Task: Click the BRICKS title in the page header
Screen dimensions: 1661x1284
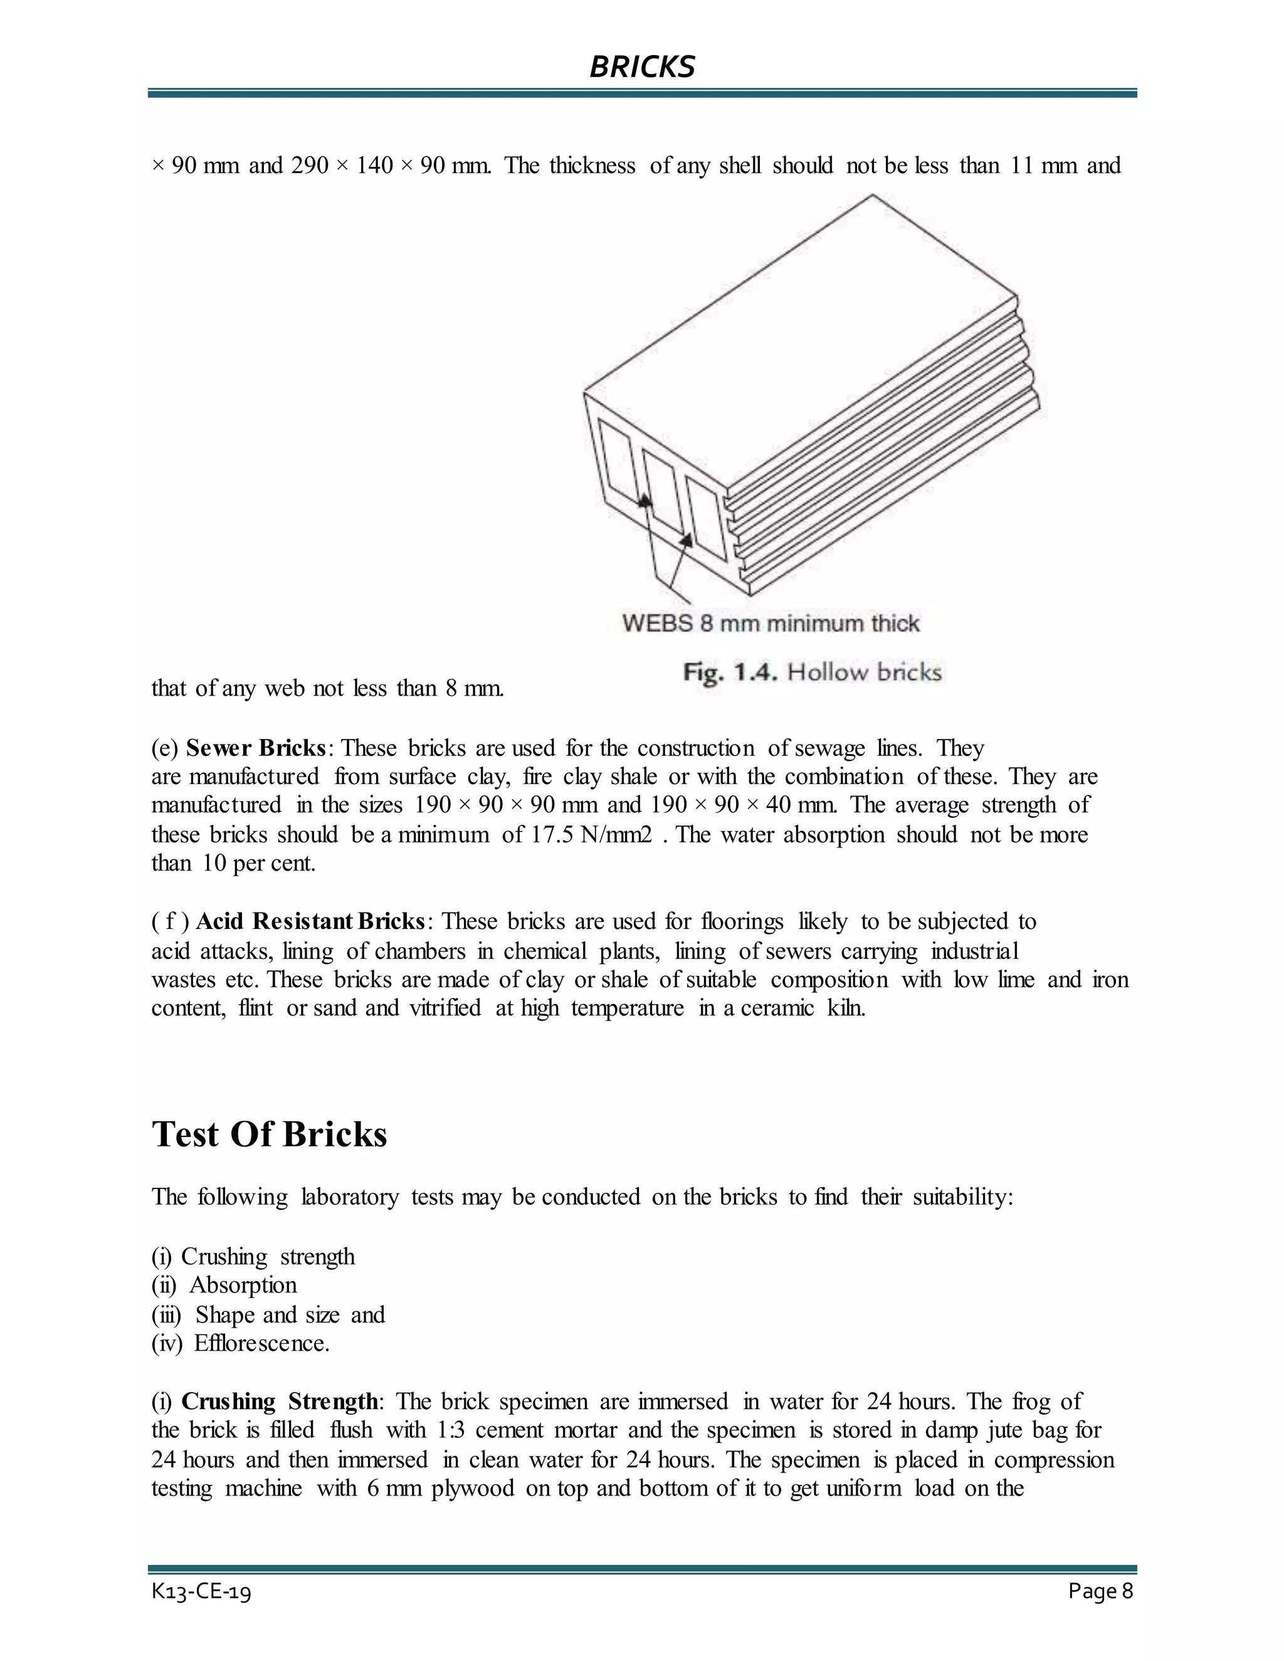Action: [x=642, y=67]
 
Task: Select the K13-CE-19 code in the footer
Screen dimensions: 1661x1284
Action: [x=202, y=1592]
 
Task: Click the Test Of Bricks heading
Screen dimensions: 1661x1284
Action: [x=269, y=1134]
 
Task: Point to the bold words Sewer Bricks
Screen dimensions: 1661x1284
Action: [x=256, y=748]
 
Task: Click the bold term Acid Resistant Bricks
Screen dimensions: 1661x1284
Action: [x=310, y=922]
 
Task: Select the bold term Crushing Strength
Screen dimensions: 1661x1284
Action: [x=279, y=1401]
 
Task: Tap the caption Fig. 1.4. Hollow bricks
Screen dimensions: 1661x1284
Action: [x=812, y=673]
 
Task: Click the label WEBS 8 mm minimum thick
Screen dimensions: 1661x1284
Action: [x=771, y=624]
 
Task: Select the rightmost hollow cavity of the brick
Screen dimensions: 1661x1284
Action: [x=705, y=518]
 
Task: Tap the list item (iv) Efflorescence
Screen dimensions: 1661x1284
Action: [x=240, y=1343]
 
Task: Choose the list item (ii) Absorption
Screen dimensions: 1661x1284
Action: [x=224, y=1286]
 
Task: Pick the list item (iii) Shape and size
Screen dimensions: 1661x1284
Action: [x=268, y=1314]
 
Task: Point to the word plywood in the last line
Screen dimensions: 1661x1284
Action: [x=472, y=1489]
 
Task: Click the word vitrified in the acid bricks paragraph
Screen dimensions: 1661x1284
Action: [x=445, y=1009]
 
